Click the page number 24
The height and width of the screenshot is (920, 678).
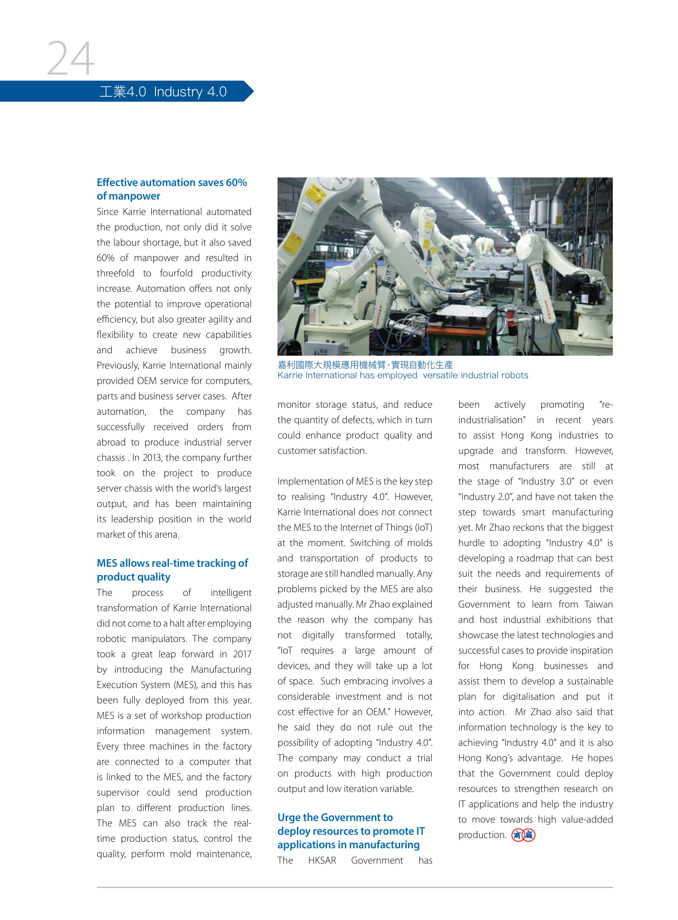(x=70, y=58)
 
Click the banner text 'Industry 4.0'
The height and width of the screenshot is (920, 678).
(x=190, y=91)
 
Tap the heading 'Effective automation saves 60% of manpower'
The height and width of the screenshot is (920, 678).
(x=172, y=189)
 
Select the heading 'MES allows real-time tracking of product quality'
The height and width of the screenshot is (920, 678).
(x=173, y=570)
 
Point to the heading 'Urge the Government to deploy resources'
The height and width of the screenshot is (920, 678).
(x=351, y=831)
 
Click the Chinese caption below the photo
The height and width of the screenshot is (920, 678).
(x=365, y=365)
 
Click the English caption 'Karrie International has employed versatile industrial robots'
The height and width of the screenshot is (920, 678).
(x=403, y=375)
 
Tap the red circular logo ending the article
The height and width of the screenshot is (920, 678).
(x=523, y=835)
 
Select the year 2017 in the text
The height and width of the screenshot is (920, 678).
(x=242, y=654)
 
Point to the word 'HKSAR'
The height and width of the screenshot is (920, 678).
(x=322, y=861)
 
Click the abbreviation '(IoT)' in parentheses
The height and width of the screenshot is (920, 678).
(x=423, y=528)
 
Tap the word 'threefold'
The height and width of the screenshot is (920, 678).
(x=115, y=273)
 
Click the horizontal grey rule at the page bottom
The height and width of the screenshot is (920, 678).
(x=355, y=887)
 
